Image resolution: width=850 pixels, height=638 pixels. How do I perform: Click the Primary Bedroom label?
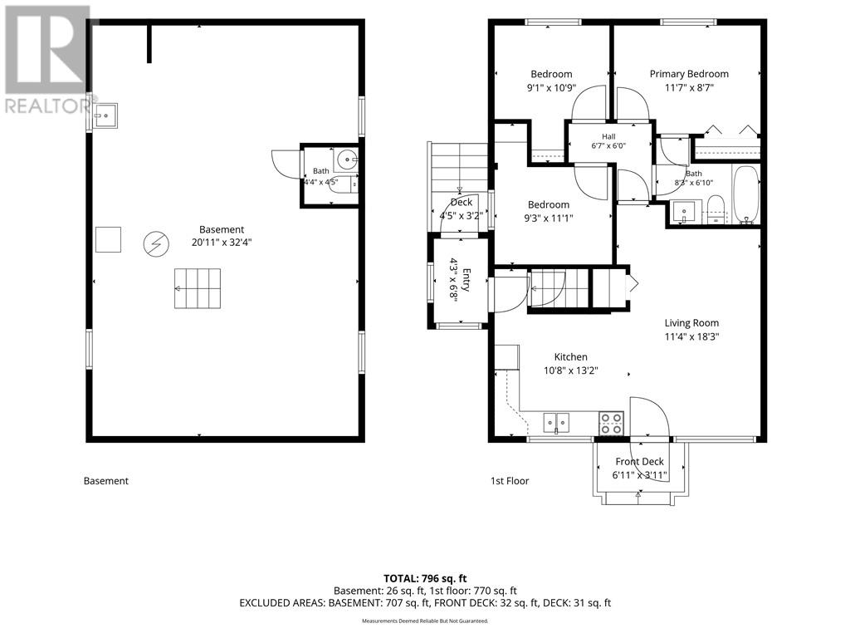[x=689, y=74]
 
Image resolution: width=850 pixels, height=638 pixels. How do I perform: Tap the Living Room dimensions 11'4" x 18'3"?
[x=691, y=337]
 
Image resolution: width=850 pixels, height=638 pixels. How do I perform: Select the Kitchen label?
[x=570, y=357]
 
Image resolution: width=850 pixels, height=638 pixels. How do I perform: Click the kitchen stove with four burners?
[x=611, y=423]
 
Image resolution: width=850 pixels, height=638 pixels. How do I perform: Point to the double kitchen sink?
[x=556, y=422]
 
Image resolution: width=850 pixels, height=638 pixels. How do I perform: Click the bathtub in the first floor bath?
[x=746, y=194]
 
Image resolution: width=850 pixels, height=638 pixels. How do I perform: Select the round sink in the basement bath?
[x=346, y=159]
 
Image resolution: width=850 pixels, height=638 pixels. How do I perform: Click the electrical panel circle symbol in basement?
[x=156, y=245]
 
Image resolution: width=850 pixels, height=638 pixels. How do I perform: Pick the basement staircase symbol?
[x=198, y=288]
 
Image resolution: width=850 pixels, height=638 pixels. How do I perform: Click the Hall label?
[x=608, y=137]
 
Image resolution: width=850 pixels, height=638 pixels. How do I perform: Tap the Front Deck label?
[x=640, y=462]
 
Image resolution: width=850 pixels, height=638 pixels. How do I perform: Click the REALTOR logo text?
[x=46, y=106]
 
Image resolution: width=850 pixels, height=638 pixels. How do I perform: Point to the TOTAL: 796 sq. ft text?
[x=425, y=579]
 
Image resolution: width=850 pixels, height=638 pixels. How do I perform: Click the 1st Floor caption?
[x=510, y=481]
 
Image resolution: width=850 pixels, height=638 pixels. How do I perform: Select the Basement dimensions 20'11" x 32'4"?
[x=221, y=243]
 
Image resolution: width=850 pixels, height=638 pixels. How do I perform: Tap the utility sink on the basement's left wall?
[x=105, y=116]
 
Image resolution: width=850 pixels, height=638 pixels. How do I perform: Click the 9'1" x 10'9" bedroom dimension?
[x=551, y=88]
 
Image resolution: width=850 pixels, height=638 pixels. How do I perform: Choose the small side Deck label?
[x=462, y=203]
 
